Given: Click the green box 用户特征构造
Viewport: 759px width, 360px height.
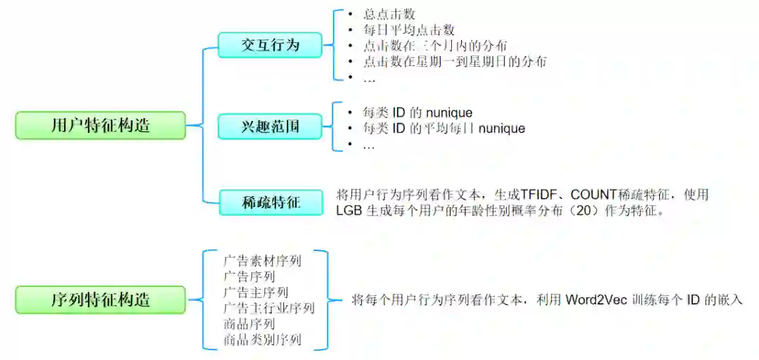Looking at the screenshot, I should pos(100,126).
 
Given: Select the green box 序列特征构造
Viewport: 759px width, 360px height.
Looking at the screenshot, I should pos(100,300).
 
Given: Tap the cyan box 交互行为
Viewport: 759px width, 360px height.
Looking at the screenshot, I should pos(270,45).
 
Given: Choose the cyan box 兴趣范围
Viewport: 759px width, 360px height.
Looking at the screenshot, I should pos(270,127).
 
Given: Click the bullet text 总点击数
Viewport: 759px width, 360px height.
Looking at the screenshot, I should pos(390,13).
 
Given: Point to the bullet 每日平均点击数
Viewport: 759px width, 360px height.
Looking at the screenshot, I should pos(409,30).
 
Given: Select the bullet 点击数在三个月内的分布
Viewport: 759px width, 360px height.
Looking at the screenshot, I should pos(436,46).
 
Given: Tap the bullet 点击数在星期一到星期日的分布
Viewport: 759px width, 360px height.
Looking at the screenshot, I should pos(455,62).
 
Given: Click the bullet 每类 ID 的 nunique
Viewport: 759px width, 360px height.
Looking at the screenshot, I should pos(417,112).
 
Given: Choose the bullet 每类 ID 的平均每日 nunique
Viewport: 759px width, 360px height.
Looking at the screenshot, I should pos(444,129).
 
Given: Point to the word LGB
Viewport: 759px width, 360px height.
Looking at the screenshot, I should pos(349,211).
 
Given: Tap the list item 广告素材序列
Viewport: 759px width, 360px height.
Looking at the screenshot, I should pos(262,261).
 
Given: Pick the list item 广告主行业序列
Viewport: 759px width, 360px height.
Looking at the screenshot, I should pos(269,309).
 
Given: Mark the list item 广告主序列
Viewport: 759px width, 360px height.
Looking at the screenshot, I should pos(256,292).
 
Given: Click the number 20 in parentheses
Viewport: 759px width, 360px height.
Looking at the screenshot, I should pos(604,211).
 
